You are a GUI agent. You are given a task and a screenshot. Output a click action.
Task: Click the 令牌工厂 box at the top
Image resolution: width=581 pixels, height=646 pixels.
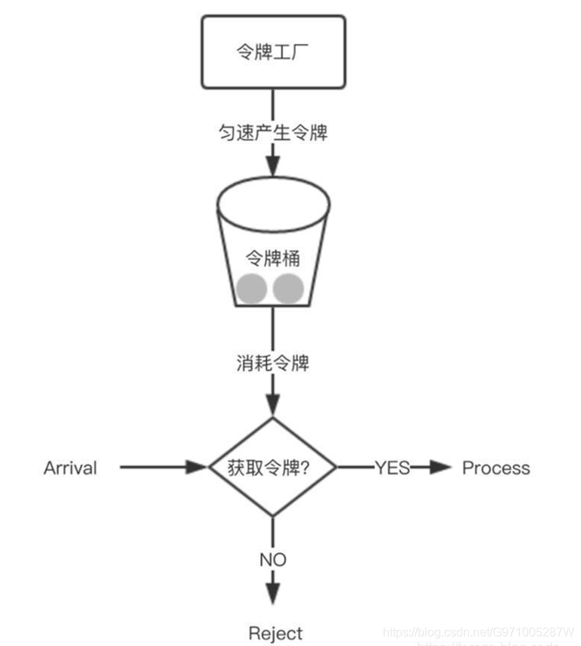click(x=273, y=51)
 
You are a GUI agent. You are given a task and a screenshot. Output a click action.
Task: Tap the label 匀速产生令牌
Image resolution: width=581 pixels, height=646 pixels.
click(x=272, y=133)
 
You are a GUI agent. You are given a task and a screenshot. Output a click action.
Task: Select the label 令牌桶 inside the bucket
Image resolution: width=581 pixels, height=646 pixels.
click(x=273, y=258)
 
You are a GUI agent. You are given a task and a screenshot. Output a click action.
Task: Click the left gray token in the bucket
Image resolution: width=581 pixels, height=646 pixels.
click(x=251, y=289)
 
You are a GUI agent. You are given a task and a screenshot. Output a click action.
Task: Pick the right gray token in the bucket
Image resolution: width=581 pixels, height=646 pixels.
click(x=288, y=289)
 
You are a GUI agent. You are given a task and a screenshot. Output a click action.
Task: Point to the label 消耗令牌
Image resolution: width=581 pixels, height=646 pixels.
click(x=272, y=363)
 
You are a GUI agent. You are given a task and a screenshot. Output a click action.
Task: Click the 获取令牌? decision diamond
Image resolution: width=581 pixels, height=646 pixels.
click(x=272, y=468)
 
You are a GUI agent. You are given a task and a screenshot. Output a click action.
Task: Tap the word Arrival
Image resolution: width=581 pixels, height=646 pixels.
click(x=70, y=468)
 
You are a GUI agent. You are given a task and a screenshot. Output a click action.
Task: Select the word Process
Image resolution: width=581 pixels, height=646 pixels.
click(x=496, y=468)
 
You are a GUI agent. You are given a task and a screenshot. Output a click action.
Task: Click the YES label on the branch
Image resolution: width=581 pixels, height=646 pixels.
click(x=392, y=468)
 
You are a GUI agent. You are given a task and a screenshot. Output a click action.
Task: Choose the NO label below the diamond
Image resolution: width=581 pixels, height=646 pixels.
click(x=272, y=560)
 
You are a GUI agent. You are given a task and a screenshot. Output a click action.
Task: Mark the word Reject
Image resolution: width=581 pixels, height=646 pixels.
click(x=275, y=633)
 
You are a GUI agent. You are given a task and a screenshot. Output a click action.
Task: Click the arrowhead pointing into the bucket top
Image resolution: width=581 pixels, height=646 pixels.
click(x=272, y=165)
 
